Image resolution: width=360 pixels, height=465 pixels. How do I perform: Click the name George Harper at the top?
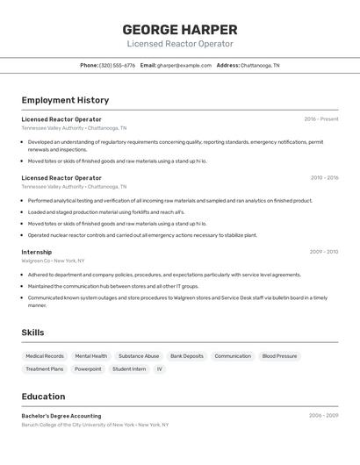179,29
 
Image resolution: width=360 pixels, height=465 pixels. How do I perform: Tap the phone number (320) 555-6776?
117,65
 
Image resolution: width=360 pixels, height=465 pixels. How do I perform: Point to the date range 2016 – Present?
320,119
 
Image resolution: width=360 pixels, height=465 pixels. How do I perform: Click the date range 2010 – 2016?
323,178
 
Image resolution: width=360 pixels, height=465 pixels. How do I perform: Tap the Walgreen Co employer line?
53,261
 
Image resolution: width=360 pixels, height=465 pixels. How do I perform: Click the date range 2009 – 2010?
323,252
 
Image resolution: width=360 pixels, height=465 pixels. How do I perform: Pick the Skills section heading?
32,333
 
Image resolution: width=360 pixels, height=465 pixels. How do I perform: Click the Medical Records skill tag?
45,356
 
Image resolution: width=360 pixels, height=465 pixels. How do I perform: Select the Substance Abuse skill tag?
139,356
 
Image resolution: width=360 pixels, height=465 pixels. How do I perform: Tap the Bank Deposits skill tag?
187,356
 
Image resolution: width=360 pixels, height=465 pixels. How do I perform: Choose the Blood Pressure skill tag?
280,356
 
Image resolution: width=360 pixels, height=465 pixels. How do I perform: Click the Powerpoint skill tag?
88,369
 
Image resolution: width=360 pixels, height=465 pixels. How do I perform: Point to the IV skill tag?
160,369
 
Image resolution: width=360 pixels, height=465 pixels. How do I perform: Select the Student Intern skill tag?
129,369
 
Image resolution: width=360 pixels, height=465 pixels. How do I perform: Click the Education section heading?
43,397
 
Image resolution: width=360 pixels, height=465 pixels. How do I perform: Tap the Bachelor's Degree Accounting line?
61,416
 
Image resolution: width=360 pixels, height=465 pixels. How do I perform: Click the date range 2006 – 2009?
323,416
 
